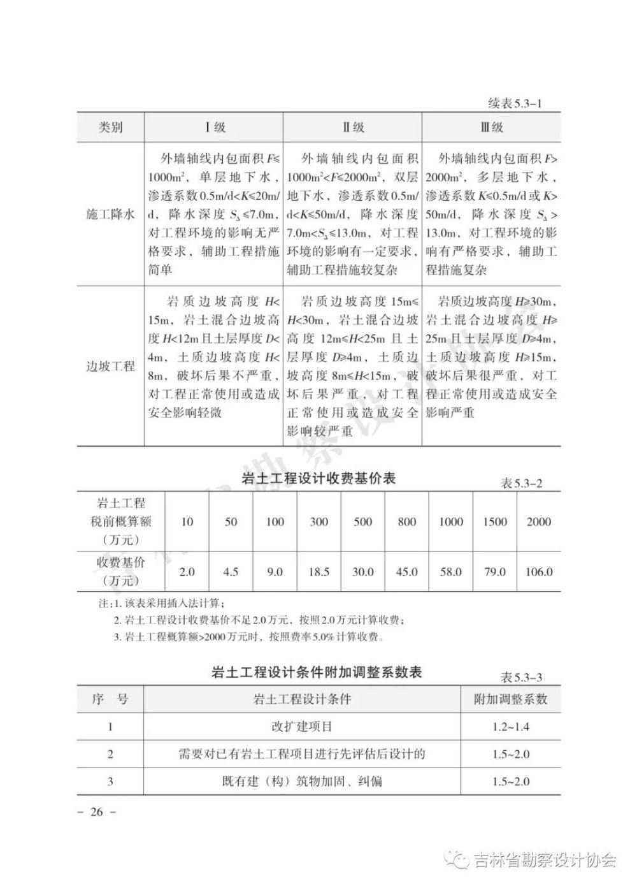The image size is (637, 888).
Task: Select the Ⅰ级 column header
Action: [215, 127]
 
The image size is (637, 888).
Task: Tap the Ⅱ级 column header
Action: [354, 127]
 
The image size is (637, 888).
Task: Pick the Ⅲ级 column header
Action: [492, 127]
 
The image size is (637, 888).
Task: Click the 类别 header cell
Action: [110, 127]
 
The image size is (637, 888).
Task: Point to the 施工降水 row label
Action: [110, 215]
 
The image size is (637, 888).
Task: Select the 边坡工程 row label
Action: [110, 367]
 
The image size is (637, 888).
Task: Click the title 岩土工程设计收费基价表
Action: [319, 478]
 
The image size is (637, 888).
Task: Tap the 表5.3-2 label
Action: [521, 484]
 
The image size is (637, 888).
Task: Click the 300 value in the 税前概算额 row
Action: [318, 522]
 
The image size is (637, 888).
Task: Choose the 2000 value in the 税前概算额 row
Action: [538, 522]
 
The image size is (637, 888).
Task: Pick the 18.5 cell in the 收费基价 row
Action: [318, 572]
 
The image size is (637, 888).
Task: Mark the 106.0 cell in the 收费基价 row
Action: [538, 572]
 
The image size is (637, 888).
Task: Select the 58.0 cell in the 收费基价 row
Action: [450, 572]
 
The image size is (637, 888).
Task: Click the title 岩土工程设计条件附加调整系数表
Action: [317, 673]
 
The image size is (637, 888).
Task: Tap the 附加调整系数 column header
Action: [510, 699]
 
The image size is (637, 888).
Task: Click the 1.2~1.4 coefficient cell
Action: [510, 727]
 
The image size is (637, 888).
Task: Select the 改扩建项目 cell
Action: [301, 727]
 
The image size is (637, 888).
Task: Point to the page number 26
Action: [96, 812]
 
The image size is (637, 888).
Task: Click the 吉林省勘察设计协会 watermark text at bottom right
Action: [545, 861]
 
